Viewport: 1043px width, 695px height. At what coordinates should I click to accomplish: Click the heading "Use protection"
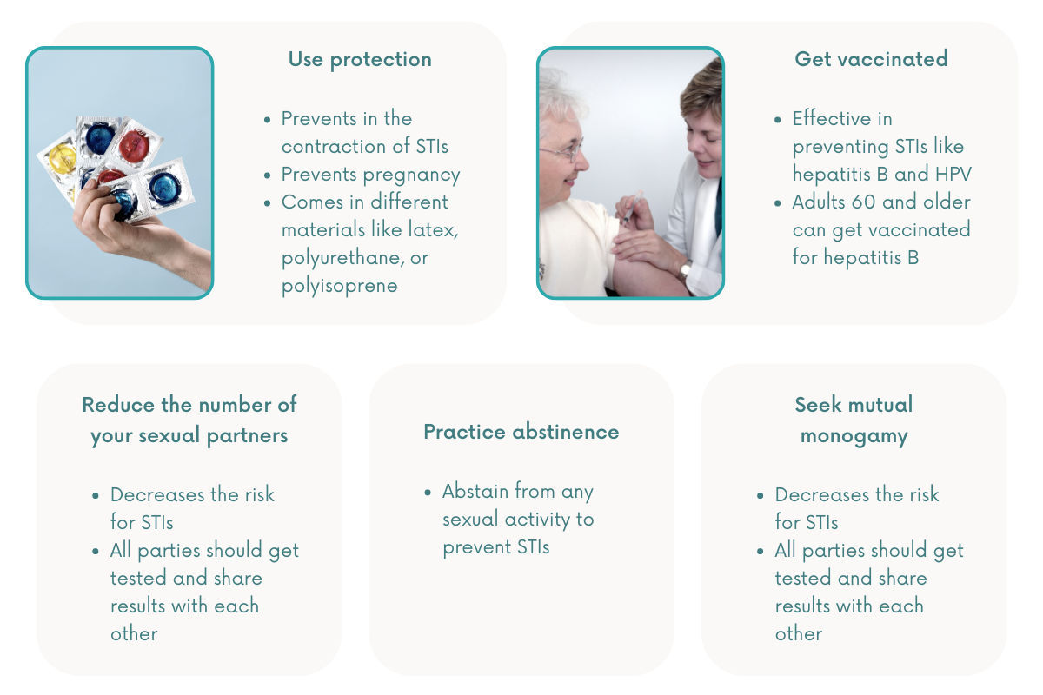click(x=360, y=60)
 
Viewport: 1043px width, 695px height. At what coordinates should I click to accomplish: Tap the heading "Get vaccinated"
click(x=871, y=59)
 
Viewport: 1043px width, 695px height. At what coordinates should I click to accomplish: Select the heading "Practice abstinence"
click(x=521, y=432)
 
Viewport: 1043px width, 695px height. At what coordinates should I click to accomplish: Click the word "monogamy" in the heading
click(x=854, y=437)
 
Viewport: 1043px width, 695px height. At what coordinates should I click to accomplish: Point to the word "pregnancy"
click(x=412, y=175)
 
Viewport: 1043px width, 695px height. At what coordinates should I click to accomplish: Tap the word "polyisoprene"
click(x=340, y=286)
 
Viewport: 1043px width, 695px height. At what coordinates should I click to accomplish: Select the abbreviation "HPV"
click(x=953, y=174)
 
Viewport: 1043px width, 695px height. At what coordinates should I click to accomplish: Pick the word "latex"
click(x=431, y=229)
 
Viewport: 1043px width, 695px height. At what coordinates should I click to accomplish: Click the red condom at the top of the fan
click(x=135, y=145)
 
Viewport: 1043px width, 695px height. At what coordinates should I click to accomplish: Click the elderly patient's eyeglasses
click(x=561, y=151)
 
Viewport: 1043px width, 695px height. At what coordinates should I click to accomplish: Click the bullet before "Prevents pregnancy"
click(x=268, y=175)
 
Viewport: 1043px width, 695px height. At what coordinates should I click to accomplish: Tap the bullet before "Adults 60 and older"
click(x=778, y=203)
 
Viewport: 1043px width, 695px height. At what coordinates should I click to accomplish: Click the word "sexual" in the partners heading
click(x=169, y=436)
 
